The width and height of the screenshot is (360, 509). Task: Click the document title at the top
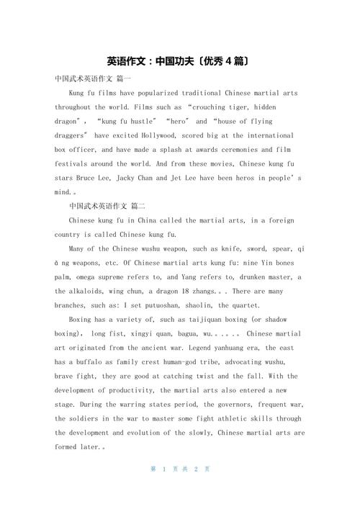pyautogui.click(x=179, y=61)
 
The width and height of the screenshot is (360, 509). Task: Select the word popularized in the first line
pyautogui.click(x=145, y=94)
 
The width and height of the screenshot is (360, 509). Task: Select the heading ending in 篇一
pyautogui.click(x=93, y=79)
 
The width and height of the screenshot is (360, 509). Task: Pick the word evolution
pyautogui.click(x=161, y=433)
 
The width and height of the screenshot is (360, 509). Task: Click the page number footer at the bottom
pyautogui.click(x=179, y=469)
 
